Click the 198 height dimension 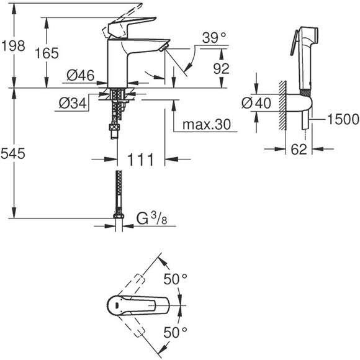point(14,45)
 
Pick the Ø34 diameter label point(73,103)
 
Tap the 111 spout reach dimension point(140,161)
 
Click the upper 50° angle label point(176,279)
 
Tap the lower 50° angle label point(176,332)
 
